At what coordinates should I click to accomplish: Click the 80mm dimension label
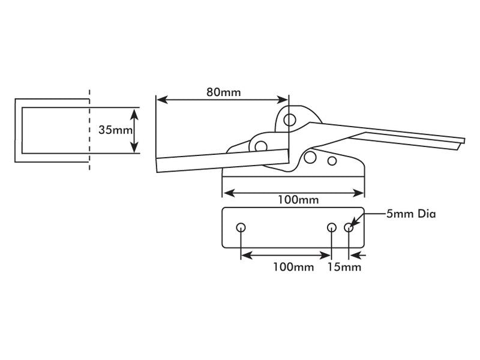pyautogui.click(x=223, y=92)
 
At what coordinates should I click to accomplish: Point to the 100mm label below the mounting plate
pyautogui.click(x=293, y=267)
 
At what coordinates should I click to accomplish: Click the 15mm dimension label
pyautogui.click(x=344, y=267)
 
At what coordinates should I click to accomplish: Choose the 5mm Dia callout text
pyautogui.click(x=410, y=214)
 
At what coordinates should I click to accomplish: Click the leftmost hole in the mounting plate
pyautogui.click(x=241, y=228)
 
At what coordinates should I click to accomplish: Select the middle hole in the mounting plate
pyautogui.click(x=332, y=228)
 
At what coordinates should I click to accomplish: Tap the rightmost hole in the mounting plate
pyautogui.click(x=349, y=228)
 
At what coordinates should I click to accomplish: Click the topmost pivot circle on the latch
pyautogui.click(x=290, y=119)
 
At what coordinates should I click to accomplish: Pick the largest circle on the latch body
pyautogui.click(x=310, y=157)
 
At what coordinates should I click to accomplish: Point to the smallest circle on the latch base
pyautogui.click(x=332, y=161)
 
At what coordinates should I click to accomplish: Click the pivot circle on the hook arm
pyautogui.click(x=260, y=146)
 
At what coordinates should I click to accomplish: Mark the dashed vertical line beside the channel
pyautogui.click(x=90, y=129)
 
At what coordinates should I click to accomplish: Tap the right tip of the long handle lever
pyautogui.click(x=463, y=140)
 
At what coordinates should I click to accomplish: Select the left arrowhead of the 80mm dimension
pyautogui.click(x=160, y=100)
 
